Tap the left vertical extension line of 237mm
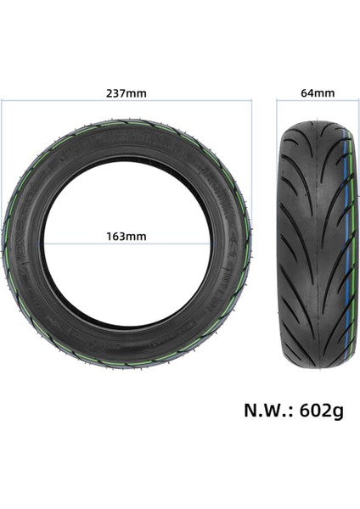(x=3, y=170)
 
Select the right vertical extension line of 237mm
(x=253, y=170)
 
